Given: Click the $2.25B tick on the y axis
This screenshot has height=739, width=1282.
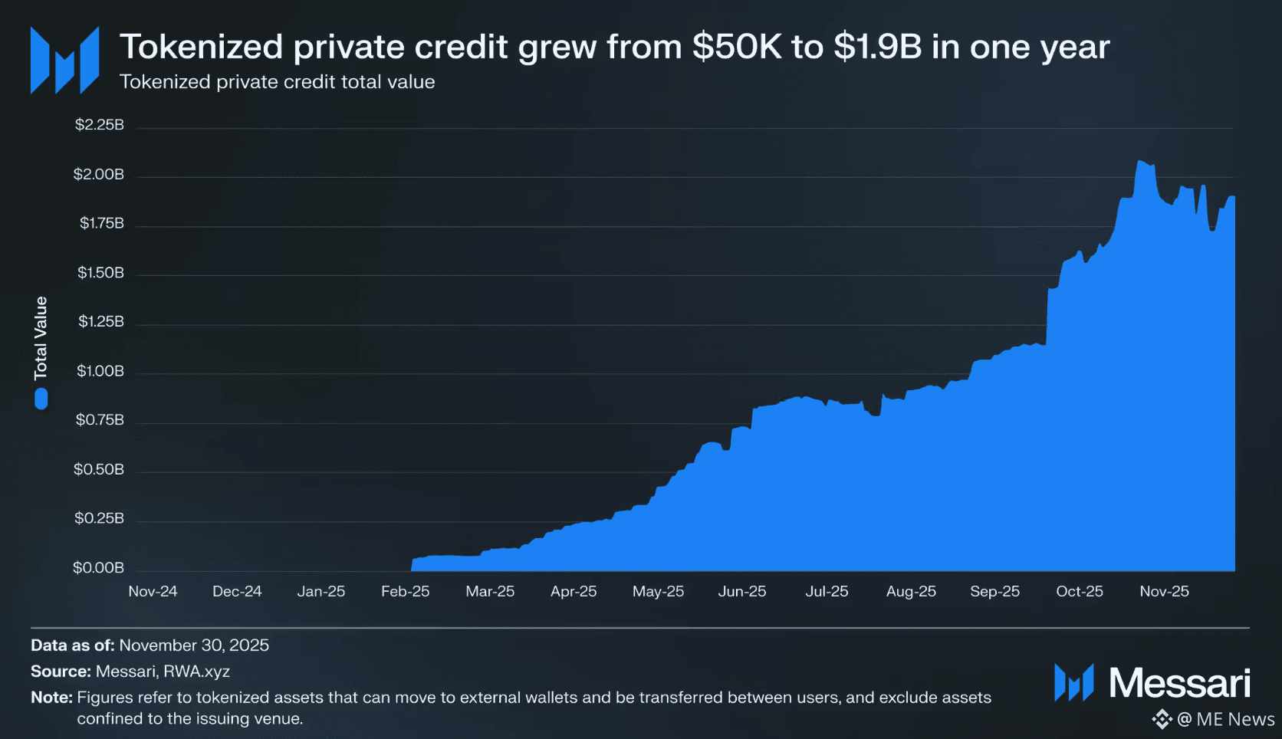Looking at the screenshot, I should pos(99,125).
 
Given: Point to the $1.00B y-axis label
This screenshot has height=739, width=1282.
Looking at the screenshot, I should pos(100,371).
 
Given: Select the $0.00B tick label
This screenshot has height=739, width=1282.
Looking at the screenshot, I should pos(98,568).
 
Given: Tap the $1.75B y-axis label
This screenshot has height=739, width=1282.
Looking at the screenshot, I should pos(101,223).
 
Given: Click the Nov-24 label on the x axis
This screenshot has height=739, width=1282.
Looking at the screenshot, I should pos(153,592).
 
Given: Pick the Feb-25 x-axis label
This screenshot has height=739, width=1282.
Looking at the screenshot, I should pos(405,592).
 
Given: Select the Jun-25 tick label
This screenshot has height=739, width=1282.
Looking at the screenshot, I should pos(741,592).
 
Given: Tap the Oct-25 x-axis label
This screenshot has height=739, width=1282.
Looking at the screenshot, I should pos(1079,592).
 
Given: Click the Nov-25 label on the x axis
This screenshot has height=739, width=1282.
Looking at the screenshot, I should pos(1164,592).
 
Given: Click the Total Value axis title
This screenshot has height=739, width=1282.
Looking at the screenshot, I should pos(41,338).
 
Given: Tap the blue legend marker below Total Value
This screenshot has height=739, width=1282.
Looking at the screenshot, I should pos(41,399).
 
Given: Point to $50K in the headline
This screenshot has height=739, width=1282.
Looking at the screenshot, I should pos(737,47).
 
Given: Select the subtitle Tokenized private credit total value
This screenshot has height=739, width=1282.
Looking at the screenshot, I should pos(277,82).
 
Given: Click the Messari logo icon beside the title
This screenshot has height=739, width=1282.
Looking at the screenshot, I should pos(64,60).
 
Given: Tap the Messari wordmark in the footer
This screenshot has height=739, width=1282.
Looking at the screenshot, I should pos(1179,682).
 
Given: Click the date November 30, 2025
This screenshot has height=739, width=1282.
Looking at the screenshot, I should pos(194,645).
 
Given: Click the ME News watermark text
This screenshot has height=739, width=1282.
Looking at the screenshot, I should pos(1234,719).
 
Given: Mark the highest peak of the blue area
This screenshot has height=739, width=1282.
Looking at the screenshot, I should pos(1141,162).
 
